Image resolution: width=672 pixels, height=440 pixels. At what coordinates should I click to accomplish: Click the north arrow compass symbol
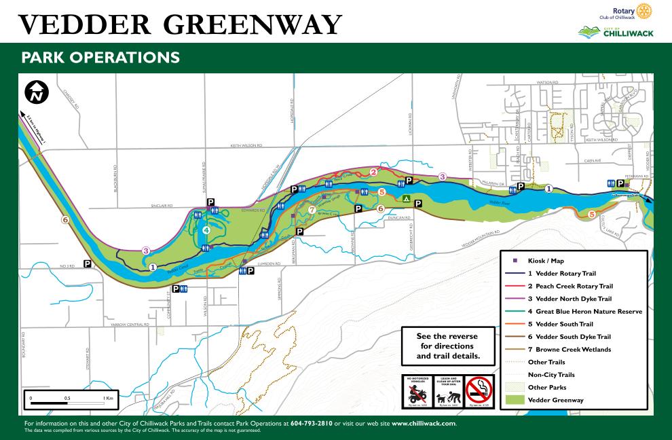[x=37, y=92]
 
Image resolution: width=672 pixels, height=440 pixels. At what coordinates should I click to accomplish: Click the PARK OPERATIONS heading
[x=100, y=57]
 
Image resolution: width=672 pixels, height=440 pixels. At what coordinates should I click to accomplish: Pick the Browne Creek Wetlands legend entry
[x=569, y=350]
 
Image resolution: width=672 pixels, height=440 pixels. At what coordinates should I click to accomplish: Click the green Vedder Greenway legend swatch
[x=515, y=400]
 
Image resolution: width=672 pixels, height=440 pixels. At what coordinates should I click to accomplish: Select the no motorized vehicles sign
[x=416, y=392]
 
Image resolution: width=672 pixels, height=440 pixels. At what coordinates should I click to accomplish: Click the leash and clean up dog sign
[x=447, y=392]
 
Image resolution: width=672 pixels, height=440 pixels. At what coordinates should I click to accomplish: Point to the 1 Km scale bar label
[x=109, y=397]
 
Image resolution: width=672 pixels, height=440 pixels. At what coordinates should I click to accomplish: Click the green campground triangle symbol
[x=405, y=199]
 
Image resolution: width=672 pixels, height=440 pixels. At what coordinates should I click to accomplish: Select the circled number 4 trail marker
[x=206, y=230]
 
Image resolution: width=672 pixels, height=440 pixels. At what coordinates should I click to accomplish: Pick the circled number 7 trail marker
[x=311, y=210]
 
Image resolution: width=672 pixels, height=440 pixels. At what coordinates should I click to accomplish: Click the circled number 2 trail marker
[x=373, y=172]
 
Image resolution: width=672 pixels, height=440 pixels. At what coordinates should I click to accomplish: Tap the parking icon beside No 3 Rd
[x=88, y=263]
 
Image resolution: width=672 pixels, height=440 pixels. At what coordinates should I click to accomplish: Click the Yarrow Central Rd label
[x=129, y=325]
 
